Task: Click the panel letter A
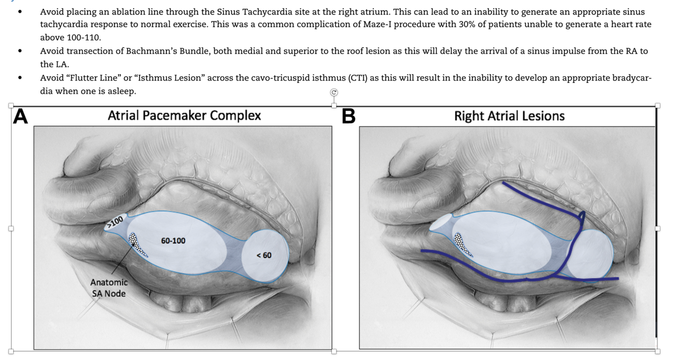tap(20, 116)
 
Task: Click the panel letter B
tap(348, 116)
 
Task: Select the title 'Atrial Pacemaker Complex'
tap(184, 115)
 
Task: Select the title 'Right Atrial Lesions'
tap(509, 116)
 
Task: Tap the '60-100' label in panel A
tap(173, 241)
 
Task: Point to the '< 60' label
tap(264, 255)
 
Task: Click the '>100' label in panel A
tap(115, 221)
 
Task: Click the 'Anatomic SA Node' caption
tap(109, 288)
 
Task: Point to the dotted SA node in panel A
tap(138, 244)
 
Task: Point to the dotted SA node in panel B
tap(463, 244)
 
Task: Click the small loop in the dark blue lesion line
tap(582, 218)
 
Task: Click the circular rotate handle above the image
tap(333, 92)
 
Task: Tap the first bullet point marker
tap(20, 11)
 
